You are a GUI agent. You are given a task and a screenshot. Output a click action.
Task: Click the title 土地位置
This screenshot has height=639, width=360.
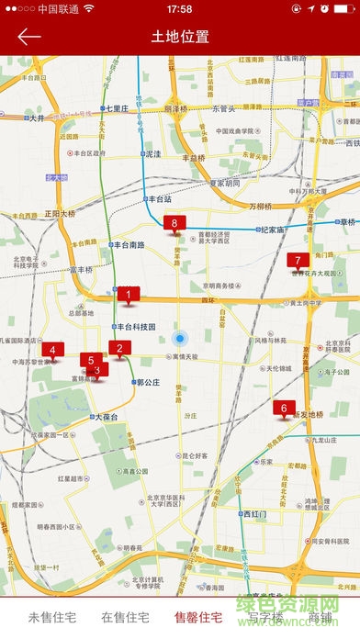coord(180,37)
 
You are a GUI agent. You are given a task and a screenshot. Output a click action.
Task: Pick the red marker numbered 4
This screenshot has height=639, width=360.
coord(52,350)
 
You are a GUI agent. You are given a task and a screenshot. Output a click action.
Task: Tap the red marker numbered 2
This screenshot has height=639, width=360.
coord(118,348)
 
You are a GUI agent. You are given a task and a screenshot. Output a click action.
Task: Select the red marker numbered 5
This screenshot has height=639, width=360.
coord(89,360)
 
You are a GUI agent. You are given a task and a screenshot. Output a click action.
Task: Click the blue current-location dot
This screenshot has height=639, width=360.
coord(182,338)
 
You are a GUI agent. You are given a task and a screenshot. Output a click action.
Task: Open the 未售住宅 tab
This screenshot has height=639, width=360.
coord(51,617)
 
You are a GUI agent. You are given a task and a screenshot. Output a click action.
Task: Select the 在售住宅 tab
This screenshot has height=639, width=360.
coord(125,617)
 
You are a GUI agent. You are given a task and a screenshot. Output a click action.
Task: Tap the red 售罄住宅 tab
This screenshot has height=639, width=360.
coord(198,617)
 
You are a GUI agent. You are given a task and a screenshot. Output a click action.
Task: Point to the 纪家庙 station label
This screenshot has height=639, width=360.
coord(272,230)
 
